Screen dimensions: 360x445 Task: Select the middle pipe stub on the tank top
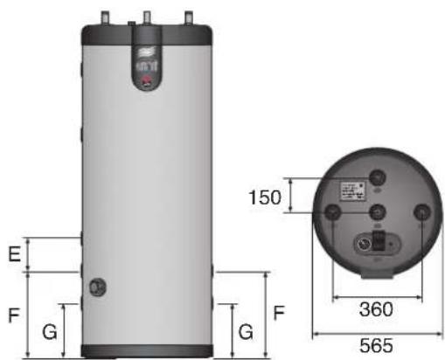pos(146,17)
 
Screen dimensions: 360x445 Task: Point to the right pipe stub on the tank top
pos(188,17)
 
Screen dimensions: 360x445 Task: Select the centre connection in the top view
pos(378,214)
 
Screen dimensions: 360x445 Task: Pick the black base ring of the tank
pos(146,352)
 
